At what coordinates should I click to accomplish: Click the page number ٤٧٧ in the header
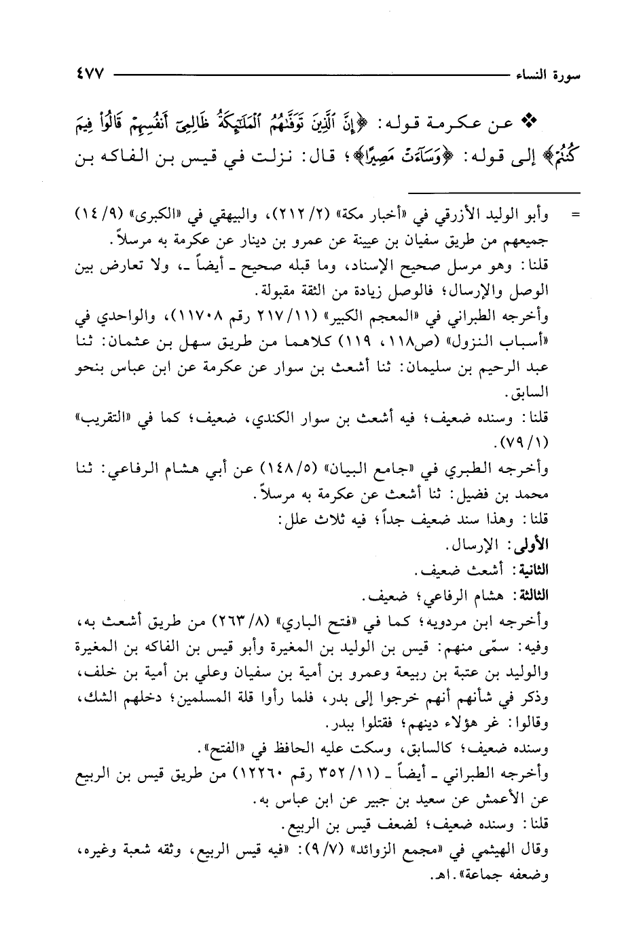click(85, 73)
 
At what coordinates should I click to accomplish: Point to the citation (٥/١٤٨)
click(325, 468)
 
